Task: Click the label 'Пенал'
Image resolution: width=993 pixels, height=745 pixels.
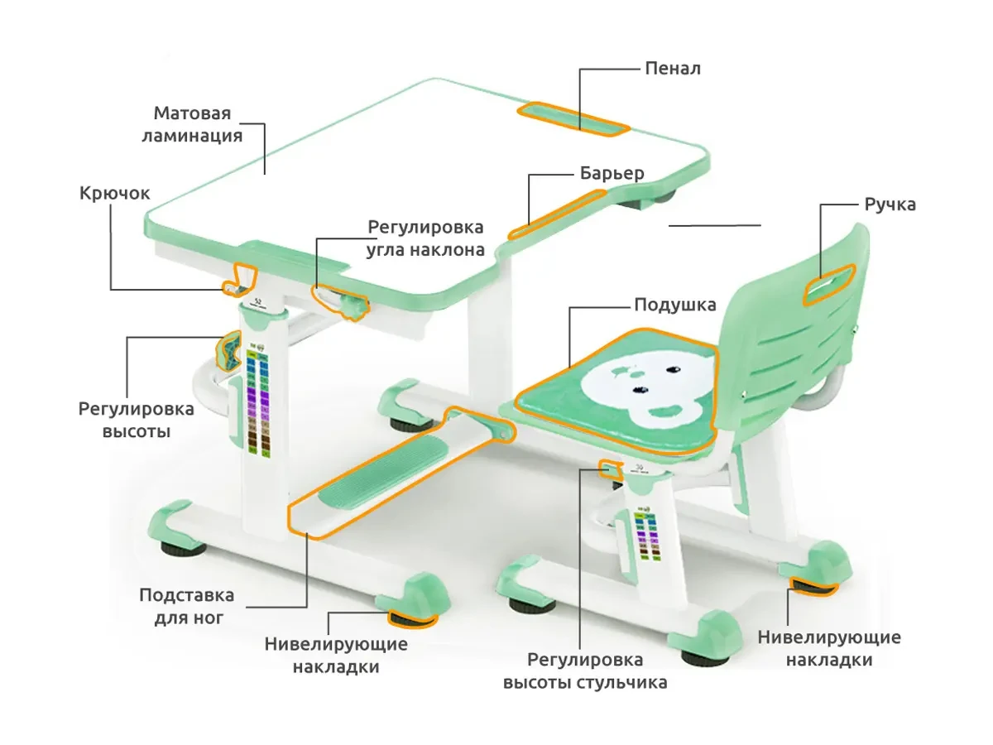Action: click(x=672, y=68)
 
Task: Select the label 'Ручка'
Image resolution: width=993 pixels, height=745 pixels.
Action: click(x=890, y=204)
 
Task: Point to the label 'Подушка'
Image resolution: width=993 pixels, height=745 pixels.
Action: click(x=674, y=305)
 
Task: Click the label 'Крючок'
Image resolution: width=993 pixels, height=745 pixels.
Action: click(x=115, y=193)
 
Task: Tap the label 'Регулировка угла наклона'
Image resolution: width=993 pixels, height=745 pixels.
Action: click(x=425, y=238)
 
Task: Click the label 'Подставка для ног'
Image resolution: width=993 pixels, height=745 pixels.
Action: click(x=186, y=606)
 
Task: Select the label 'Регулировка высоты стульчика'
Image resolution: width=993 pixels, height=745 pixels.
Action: click(x=585, y=671)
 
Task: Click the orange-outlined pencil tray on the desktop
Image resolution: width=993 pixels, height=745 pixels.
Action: click(x=573, y=118)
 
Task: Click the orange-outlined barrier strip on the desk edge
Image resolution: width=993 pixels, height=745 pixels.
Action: click(x=556, y=214)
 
